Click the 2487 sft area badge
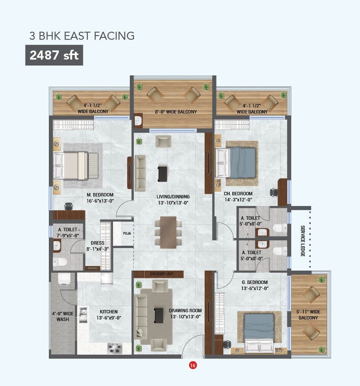click(x=54, y=55)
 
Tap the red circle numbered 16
click(x=193, y=365)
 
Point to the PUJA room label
click(x=127, y=233)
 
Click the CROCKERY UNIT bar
click(x=158, y=274)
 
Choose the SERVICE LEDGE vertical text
click(x=303, y=241)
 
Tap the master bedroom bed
click(x=76, y=165)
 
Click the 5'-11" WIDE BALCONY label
click(x=308, y=315)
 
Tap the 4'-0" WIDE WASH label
click(x=63, y=316)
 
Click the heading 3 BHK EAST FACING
click(x=82, y=36)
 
